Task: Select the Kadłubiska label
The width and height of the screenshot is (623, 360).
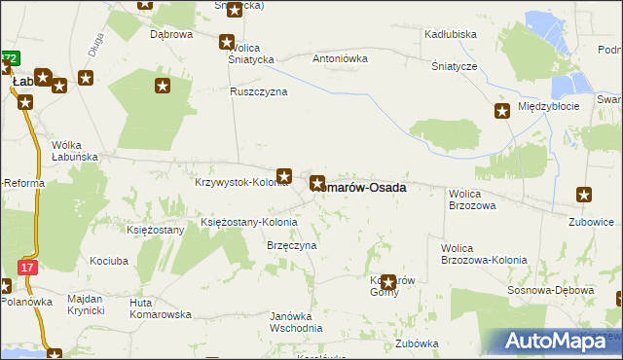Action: pyautogui.click(x=450, y=34)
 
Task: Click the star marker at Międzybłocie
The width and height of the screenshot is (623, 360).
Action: pyautogui.click(x=502, y=111)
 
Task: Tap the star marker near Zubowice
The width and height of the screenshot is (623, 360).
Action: pyautogui.click(x=584, y=195)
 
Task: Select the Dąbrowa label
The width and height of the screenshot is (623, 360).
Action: pyautogui.click(x=171, y=34)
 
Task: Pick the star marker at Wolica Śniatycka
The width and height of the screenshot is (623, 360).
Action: pyautogui.click(x=227, y=42)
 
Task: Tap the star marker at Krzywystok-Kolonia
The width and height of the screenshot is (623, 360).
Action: pyautogui.click(x=284, y=176)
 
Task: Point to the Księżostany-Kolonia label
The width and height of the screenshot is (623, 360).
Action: pyautogui.click(x=241, y=222)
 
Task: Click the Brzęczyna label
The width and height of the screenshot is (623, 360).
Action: pyautogui.click(x=292, y=246)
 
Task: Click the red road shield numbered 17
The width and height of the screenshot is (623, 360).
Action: pyautogui.click(x=27, y=267)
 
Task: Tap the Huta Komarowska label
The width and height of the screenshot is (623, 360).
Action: pyautogui.click(x=160, y=308)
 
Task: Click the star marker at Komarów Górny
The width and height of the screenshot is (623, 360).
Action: pyautogui.click(x=388, y=283)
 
